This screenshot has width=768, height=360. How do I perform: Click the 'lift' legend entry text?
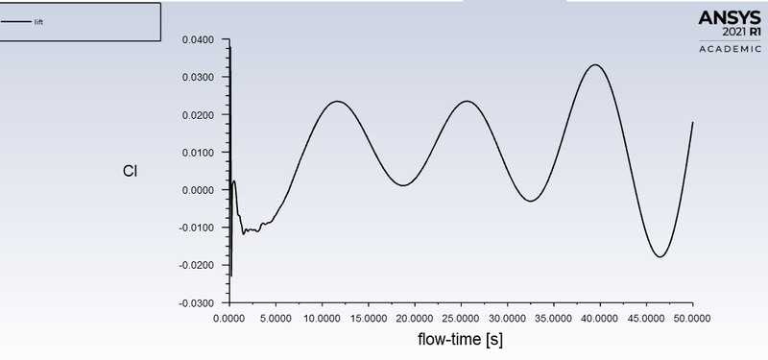coord(38,22)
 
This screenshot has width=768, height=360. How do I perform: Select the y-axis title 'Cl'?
coord(130,172)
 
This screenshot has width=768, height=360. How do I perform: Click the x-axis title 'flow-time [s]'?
coord(461,339)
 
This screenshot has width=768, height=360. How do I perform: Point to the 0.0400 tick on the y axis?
coord(199,39)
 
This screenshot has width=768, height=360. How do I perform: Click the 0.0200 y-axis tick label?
coord(199,114)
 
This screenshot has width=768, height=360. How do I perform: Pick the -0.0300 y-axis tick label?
coord(197,302)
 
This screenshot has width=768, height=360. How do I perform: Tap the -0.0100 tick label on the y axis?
coord(197,228)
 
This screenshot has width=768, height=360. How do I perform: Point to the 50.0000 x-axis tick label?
coord(692,316)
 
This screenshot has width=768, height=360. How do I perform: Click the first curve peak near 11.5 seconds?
coord(337,102)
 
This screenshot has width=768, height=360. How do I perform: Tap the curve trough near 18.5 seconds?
coord(402,185)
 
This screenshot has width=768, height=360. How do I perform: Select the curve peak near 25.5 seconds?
coord(467,102)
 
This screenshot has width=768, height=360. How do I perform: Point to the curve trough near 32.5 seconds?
coord(531,201)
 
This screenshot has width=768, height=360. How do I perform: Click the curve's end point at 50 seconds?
coord(692,123)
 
